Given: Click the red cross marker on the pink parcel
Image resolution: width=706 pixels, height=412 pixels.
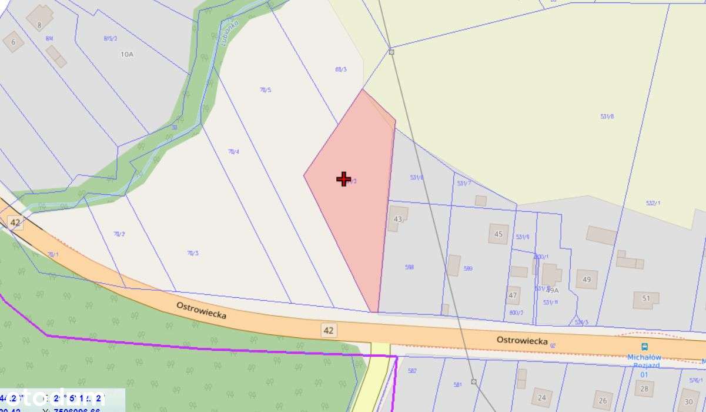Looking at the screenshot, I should tap(344, 179).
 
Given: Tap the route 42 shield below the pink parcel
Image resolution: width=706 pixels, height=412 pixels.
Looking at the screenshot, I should tap(329, 330).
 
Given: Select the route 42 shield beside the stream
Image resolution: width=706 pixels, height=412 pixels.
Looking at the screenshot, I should tap(15, 222).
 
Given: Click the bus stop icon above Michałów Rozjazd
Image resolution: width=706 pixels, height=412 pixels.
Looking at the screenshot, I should tap(644, 347).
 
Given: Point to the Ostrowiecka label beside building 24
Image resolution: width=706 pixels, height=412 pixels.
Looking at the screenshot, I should tap(522, 340).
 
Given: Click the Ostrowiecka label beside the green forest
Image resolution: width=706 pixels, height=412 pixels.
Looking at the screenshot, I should tap(202, 310).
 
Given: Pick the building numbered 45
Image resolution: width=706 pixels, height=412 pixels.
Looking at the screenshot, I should tap(498, 234).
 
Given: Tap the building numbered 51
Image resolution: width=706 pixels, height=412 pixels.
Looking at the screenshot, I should tap(645, 299).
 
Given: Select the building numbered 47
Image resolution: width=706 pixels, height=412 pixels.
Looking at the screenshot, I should tap(513, 295).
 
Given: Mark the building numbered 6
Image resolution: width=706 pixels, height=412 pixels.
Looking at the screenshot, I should tap(13, 41).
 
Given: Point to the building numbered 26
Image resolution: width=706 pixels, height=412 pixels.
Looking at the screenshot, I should tap(602, 401).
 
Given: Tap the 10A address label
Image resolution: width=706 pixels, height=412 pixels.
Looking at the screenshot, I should tap(127, 54).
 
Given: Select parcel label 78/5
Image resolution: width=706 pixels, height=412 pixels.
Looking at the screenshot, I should tap(266, 90).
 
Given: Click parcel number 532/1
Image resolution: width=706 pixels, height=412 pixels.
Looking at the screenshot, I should tap(653, 203).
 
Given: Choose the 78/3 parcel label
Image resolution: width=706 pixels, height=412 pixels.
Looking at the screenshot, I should tap(192, 253).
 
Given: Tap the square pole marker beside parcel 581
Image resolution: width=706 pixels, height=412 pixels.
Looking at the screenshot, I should tap(474, 382).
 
